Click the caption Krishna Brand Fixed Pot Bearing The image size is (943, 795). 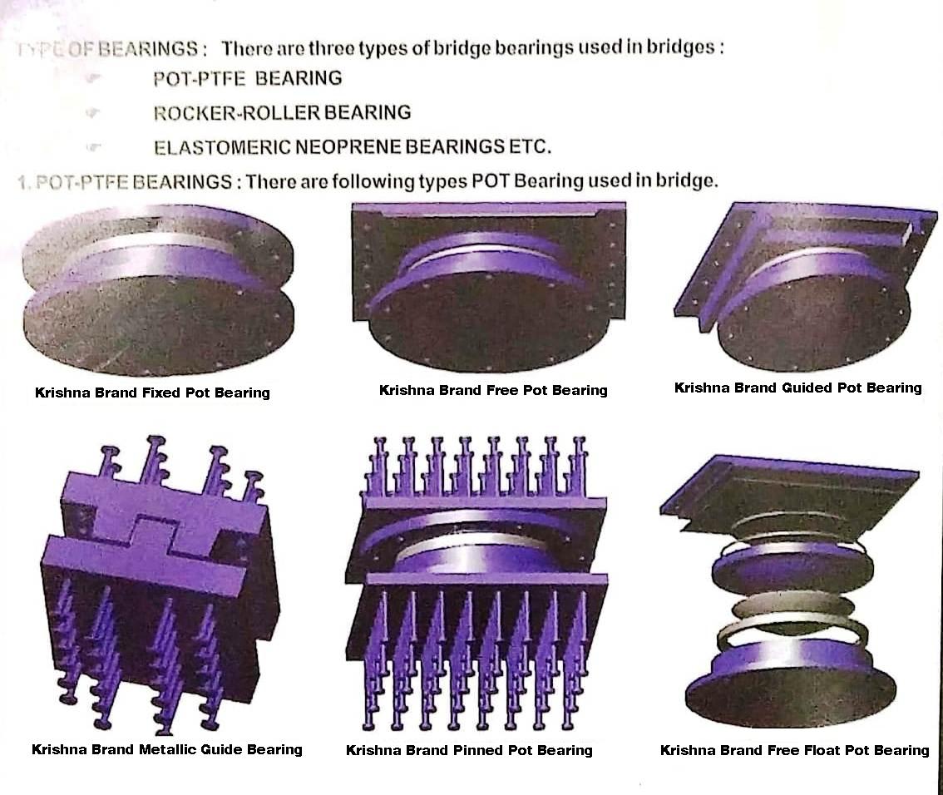152,393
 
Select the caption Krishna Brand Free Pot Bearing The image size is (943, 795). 493,390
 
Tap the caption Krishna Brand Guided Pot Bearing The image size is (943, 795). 797,388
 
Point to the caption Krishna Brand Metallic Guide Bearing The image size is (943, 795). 166,749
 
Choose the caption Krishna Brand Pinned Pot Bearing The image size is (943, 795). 469,750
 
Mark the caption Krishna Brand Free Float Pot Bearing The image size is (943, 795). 794,750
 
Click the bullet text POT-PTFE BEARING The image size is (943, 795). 247,78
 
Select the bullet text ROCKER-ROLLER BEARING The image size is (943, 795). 282,112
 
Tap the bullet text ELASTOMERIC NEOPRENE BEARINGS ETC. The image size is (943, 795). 352,147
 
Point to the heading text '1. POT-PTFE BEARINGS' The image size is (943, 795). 125,181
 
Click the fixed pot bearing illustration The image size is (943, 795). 158,291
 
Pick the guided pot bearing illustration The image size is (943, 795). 798,287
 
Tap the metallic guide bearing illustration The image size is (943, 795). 158,582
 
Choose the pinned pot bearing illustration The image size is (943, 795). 476,582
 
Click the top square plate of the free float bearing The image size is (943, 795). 790,486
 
